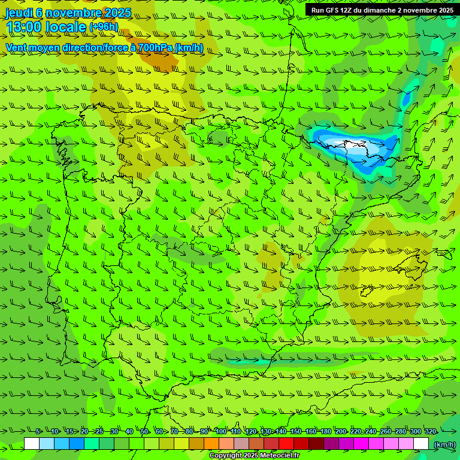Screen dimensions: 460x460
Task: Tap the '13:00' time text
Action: click(x=25, y=27)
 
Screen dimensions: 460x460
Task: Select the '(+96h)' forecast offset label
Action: click(x=104, y=27)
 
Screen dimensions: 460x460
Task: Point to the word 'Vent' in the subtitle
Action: click(x=17, y=47)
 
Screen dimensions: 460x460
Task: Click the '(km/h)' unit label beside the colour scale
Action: click(x=444, y=444)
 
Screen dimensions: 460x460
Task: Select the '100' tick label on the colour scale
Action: click(x=221, y=431)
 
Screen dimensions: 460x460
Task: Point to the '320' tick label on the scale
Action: click(x=430, y=431)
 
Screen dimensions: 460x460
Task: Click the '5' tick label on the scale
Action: click(x=38, y=431)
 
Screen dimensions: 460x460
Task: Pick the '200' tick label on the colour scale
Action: click(x=341, y=431)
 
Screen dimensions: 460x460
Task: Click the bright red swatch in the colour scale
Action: click(x=286, y=444)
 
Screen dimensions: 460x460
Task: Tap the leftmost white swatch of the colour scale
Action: click(x=32, y=444)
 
